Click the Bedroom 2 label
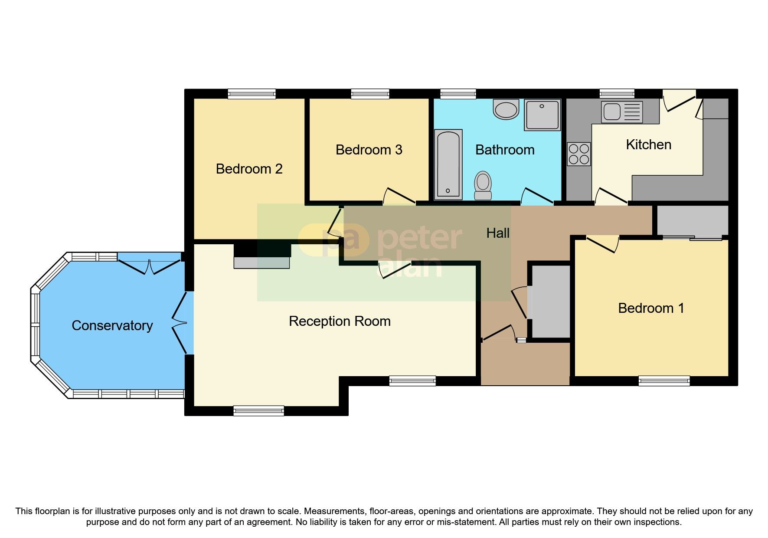[x=249, y=169]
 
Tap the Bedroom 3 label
[x=369, y=150]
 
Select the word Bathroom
[x=505, y=150]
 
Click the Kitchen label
[x=648, y=144]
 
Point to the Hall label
[x=498, y=233]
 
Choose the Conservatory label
[x=112, y=325]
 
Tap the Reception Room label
[x=340, y=321]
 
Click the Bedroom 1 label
[x=651, y=308]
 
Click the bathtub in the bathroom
[x=448, y=164]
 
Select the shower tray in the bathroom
[x=542, y=115]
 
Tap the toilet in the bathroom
[x=483, y=185]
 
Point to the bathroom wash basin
[x=506, y=109]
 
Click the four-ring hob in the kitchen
[x=579, y=154]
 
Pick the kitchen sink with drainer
[x=621, y=112]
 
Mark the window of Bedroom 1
[x=664, y=381]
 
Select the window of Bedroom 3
[x=370, y=94]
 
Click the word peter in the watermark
[x=420, y=238]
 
